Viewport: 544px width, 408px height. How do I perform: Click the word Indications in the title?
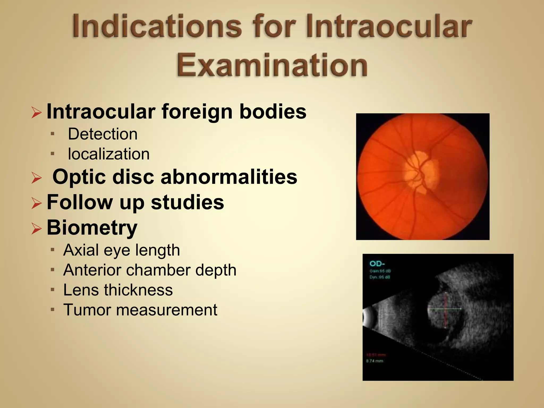pyautogui.click(x=157, y=27)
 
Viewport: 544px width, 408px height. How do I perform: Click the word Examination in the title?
pyautogui.click(x=272, y=65)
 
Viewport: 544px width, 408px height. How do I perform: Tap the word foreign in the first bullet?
pyautogui.click(x=197, y=112)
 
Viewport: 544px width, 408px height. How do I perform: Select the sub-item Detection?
pyautogui.click(x=103, y=134)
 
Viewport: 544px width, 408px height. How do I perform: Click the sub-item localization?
pyautogui.click(x=109, y=154)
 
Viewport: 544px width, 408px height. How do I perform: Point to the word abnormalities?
pyautogui.click(x=229, y=177)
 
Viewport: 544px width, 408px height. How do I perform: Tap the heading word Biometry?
pyautogui.click(x=92, y=228)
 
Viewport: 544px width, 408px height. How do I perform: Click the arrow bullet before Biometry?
pyautogui.click(x=36, y=228)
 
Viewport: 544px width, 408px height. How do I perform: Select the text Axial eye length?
pyautogui.click(x=121, y=250)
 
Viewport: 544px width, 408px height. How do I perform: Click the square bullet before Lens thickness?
pyautogui.click(x=53, y=290)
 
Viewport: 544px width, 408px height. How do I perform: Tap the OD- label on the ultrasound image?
pyautogui.click(x=377, y=264)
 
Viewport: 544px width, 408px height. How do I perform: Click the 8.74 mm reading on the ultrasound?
pyautogui.click(x=375, y=361)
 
